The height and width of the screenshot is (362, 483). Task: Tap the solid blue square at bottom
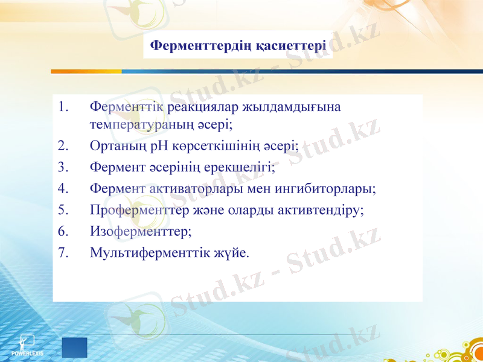tap(75, 348)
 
